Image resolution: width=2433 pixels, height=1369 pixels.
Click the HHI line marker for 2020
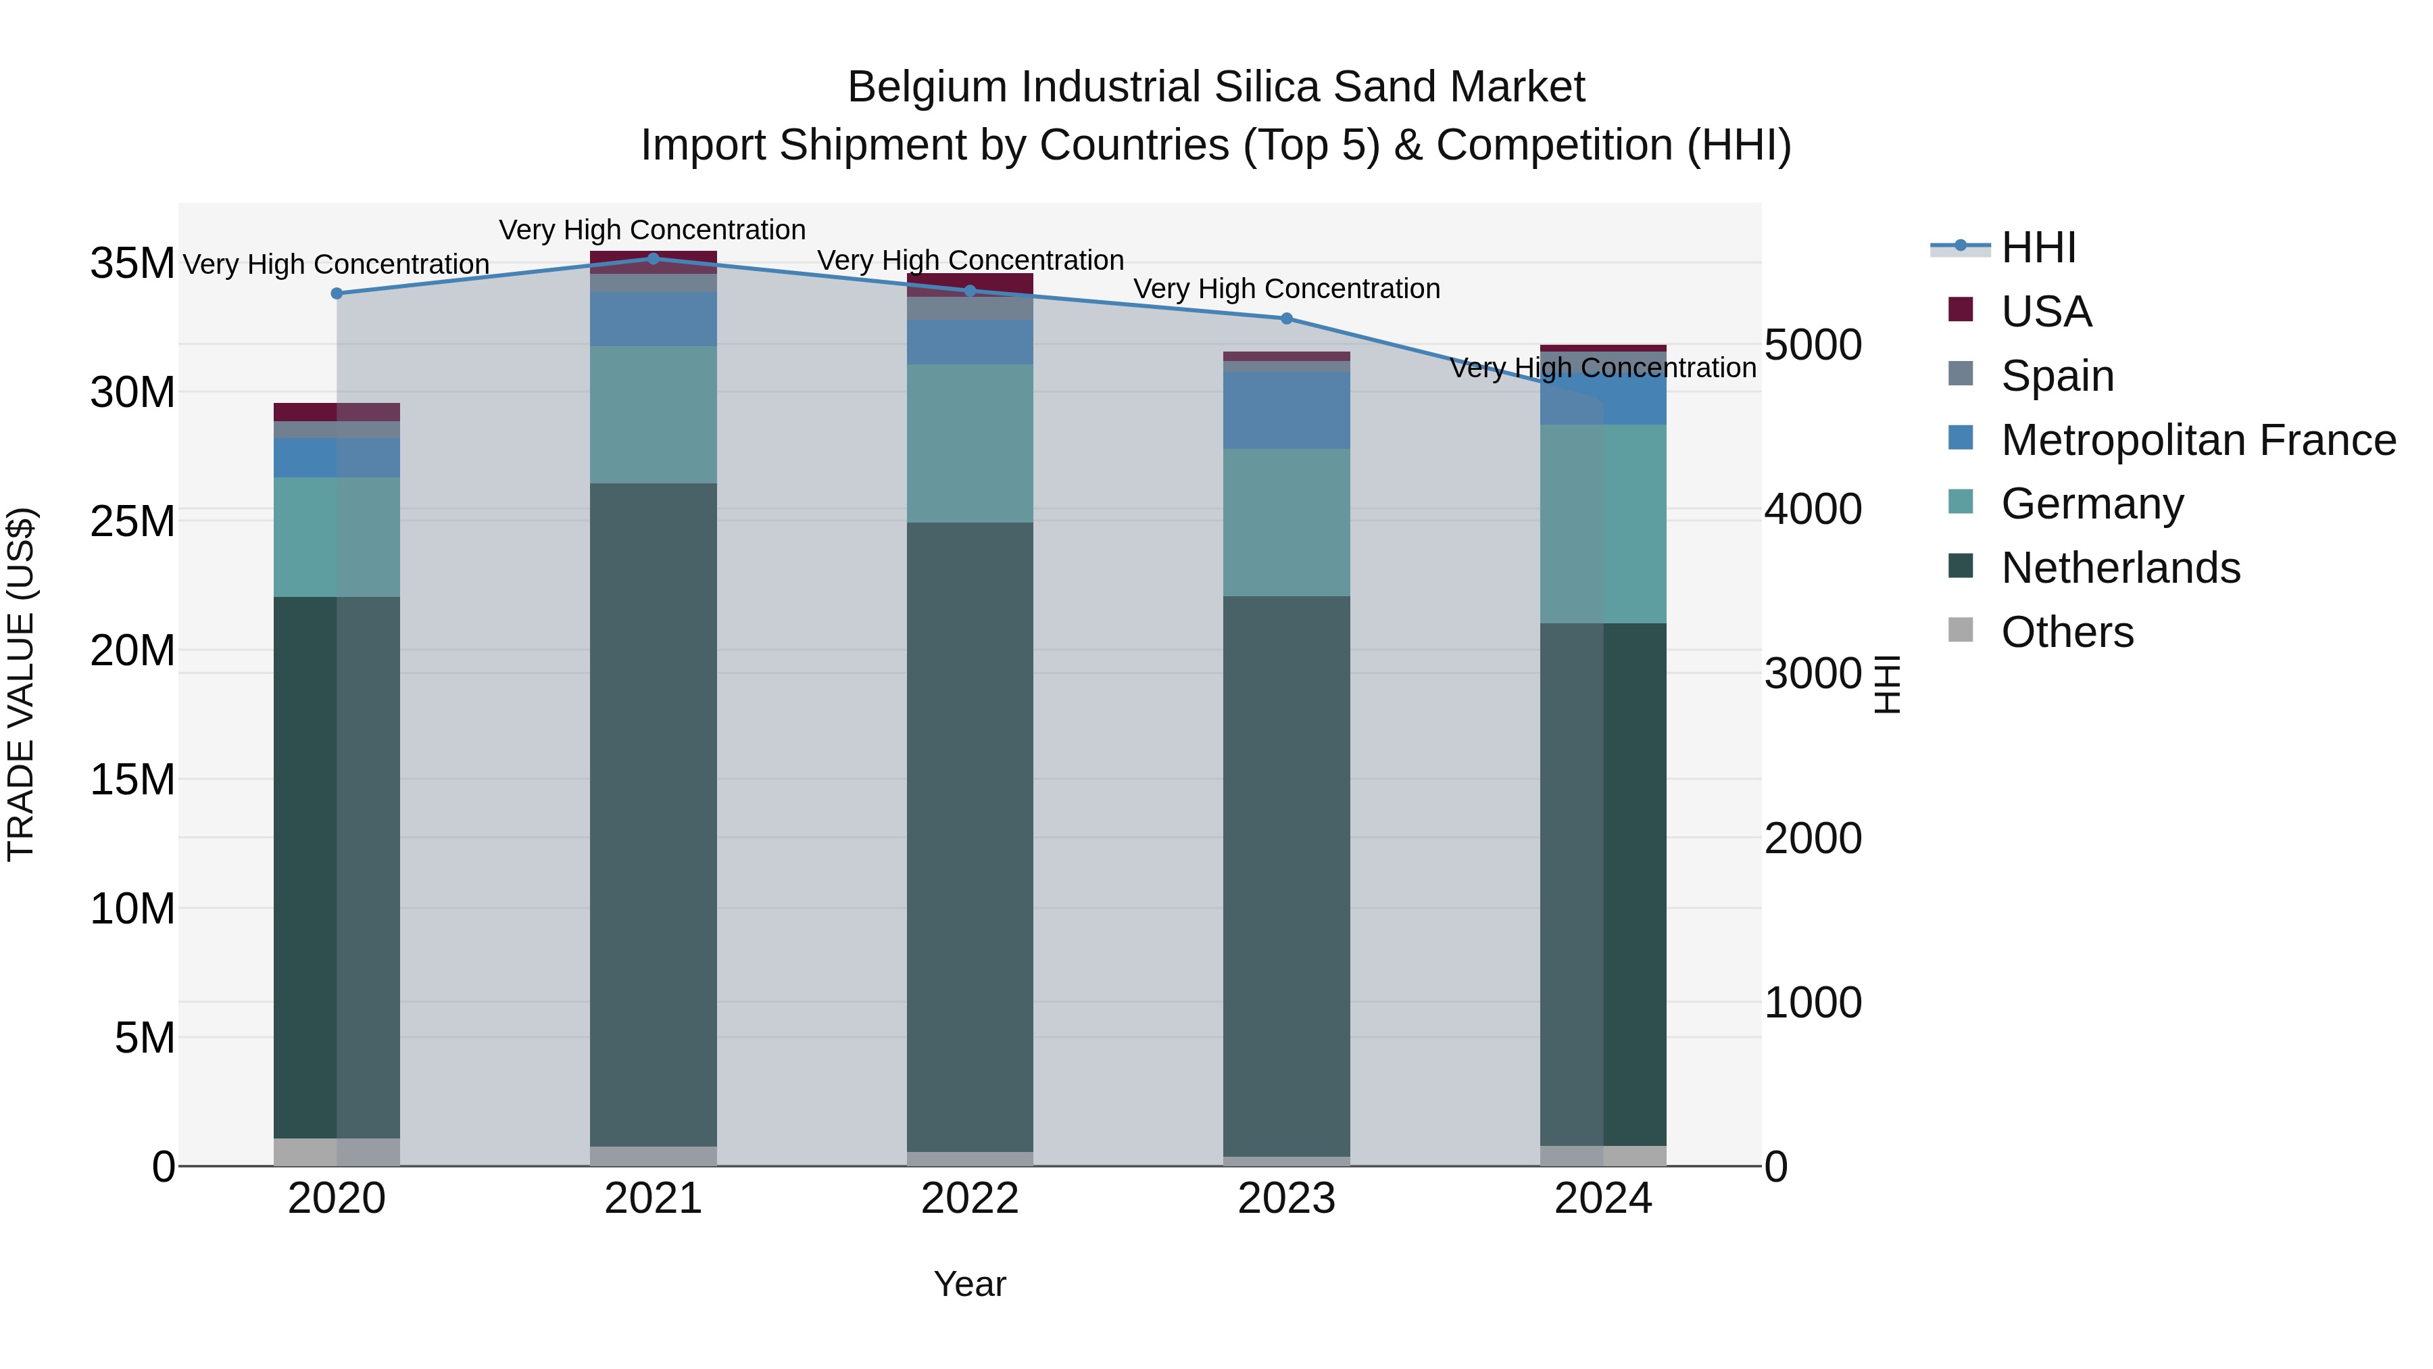[x=337, y=294]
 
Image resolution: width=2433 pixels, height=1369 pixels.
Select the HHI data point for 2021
[x=654, y=259]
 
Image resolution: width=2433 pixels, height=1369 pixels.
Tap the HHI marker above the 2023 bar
[x=1286, y=318]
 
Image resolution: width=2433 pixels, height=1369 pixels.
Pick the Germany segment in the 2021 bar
[x=654, y=415]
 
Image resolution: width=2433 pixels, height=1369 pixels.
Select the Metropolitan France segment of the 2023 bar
[x=1286, y=410]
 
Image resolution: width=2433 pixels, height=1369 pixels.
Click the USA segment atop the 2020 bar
[x=337, y=412]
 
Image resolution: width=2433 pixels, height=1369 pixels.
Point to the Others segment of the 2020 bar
[x=337, y=1152]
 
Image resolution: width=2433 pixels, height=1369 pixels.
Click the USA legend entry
[x=2046, y=312]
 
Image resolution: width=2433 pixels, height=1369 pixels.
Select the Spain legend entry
[x=2057, y=376]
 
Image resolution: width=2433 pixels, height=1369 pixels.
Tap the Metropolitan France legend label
[x=2198, y=440]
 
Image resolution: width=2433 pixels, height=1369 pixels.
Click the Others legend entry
[x=2067, y=632]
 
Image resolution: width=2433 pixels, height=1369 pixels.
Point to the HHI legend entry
[x=2038, y=247]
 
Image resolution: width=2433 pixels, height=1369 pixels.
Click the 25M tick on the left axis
[x=132, y=521]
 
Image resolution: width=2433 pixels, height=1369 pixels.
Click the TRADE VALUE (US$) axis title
[x=21, y=684]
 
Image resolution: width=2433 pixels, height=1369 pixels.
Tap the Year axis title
[x=970, y=1284]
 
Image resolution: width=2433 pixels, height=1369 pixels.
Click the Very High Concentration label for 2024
[x=1603, y=368]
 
